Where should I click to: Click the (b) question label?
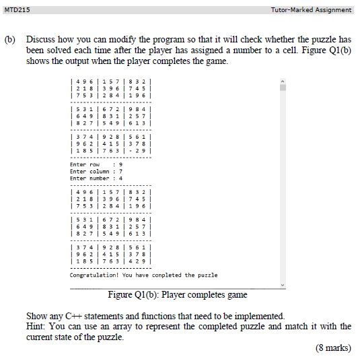[10, 40]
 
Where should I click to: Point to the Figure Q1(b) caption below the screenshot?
[177, 294]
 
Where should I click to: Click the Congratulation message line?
[143, 275]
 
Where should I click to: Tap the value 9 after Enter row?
[120, 164]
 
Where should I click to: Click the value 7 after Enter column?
[120, 171]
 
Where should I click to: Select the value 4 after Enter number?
[120, 178]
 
